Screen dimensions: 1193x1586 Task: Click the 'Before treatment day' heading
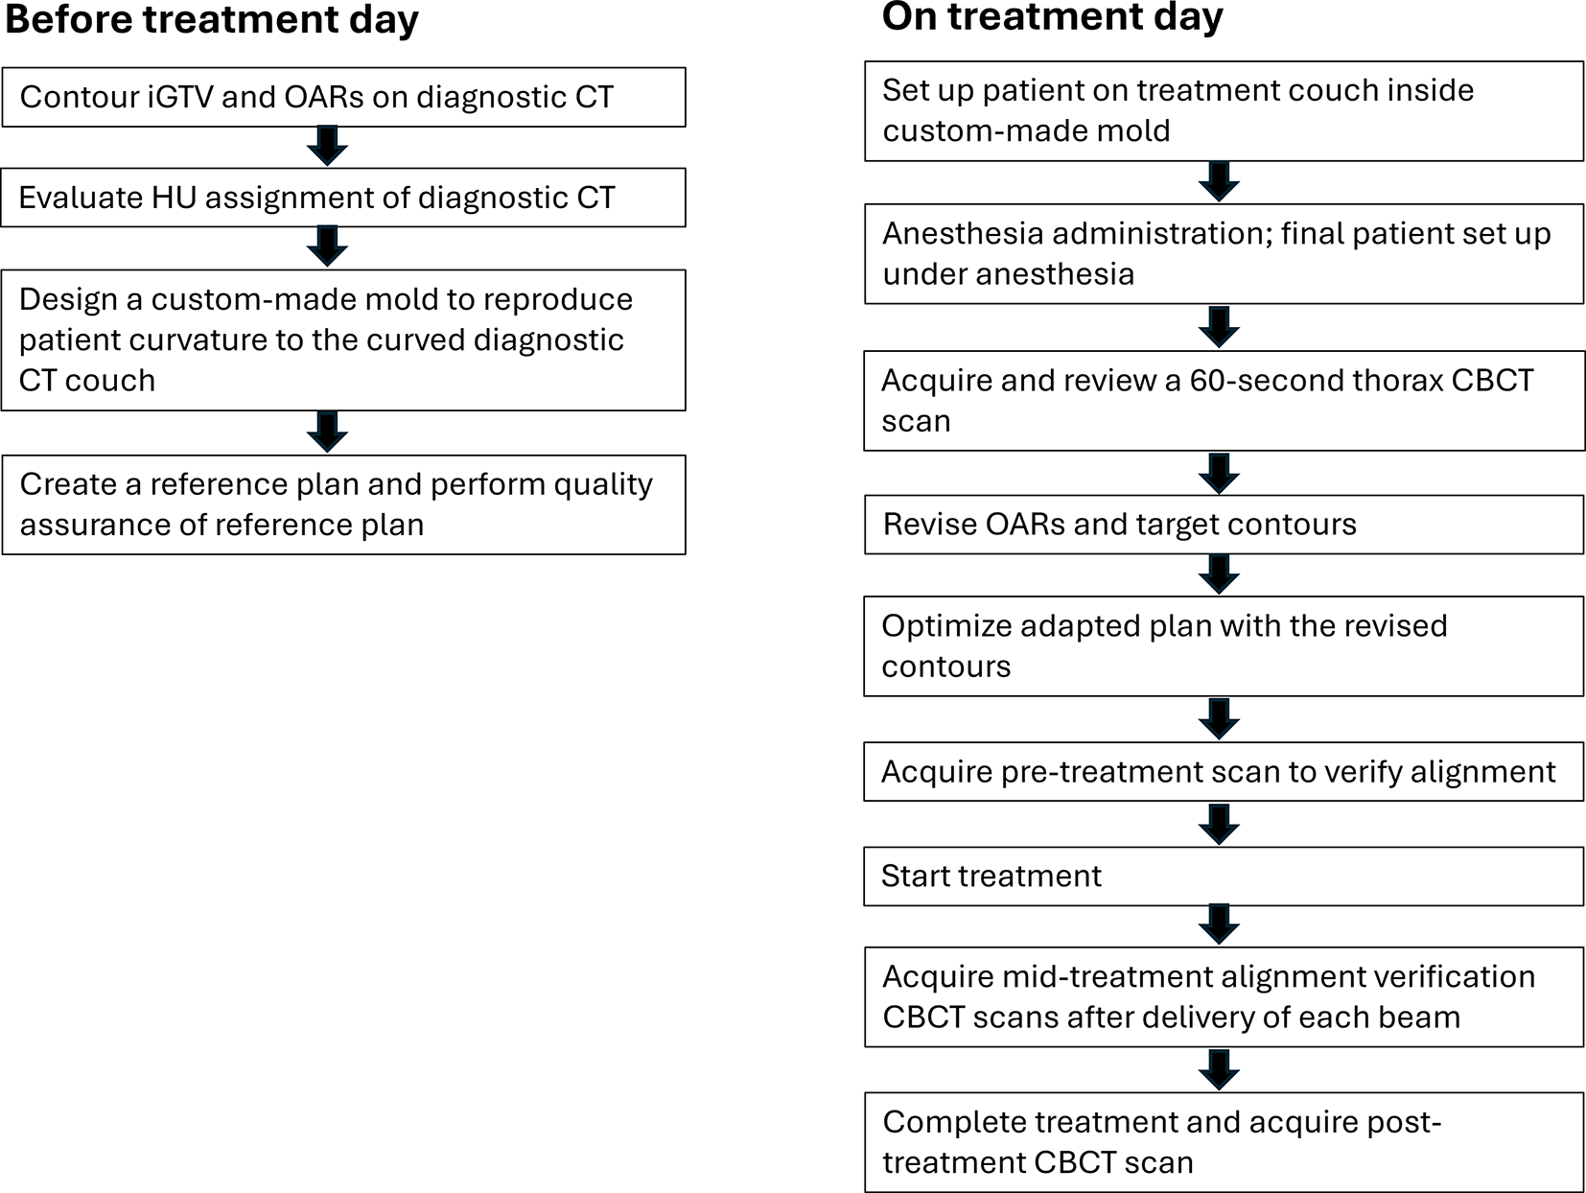click(211, 19)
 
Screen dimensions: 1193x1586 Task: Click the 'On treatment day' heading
click(1052, 16)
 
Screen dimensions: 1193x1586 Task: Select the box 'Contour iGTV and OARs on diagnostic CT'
click(343, 97)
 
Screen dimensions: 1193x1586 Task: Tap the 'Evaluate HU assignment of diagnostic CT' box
click(343, 198)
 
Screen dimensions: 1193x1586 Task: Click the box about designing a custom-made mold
click(343, 339)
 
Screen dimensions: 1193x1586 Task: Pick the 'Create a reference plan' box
click(343, 504)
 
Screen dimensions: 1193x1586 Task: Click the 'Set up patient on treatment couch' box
click(1224, 110)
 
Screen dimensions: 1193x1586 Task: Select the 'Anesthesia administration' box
click(1224, 253)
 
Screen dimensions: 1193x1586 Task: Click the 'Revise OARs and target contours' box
click(1224, 525)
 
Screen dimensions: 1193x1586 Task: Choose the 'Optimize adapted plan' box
click(1224, 645)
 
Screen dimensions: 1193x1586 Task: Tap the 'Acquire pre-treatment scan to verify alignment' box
click(1224, 772)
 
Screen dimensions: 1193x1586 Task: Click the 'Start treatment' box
click(1224, 876)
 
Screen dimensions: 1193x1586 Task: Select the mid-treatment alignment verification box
click(1224, 996)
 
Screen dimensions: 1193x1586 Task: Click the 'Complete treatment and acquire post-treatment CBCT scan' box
click(1224, 1142)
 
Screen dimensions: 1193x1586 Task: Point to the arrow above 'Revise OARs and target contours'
click(1219, 473)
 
